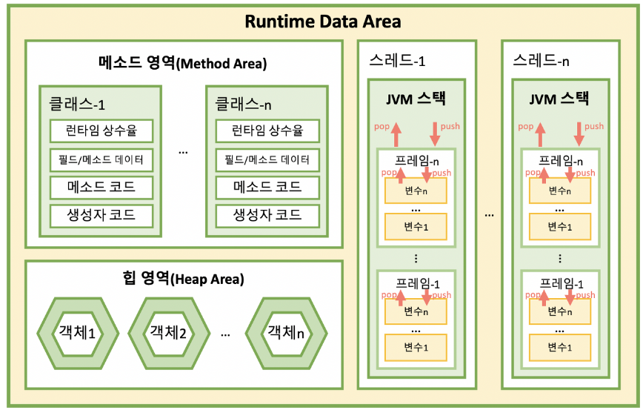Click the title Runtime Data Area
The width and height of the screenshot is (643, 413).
[x=322, y=21]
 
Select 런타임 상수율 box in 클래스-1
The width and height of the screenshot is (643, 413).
[x=101, y=131]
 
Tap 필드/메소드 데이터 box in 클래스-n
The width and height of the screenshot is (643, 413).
[x=267, y=159]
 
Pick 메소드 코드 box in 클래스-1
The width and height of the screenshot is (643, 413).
[x=101, y=187]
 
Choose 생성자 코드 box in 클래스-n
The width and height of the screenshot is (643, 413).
[x=267, y=215]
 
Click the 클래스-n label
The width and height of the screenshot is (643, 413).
[x=243, y=103]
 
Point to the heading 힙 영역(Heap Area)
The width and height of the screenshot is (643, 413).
[x=183, y=280]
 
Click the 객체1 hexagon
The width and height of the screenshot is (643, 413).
[x=77, y=331]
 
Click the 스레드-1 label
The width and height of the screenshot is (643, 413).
[x=397, y=60]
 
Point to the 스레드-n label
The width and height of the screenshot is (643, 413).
[x=542, y=60]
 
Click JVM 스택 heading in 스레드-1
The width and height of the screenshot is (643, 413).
[x=416, y=98]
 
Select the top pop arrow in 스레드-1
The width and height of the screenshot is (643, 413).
[x=396, y=134]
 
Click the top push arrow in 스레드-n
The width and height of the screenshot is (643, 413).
[x=579, y=134]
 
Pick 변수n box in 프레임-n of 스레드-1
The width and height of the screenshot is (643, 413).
[x=416, y=191]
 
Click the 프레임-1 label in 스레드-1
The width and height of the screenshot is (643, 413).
[x=416, y=283]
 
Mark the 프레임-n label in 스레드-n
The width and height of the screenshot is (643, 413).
[x=560, y=160]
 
